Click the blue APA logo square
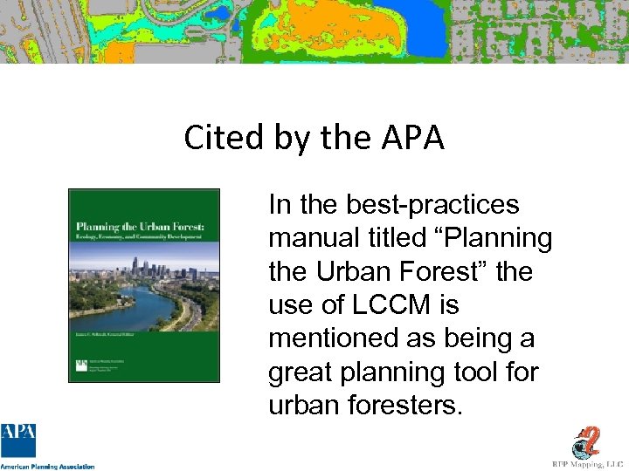pyautogui.click(x=18, y=440)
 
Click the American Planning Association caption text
pyautogui.click(x=47, y=466)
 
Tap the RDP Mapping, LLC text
pyautogui.click(x=586, y=465)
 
